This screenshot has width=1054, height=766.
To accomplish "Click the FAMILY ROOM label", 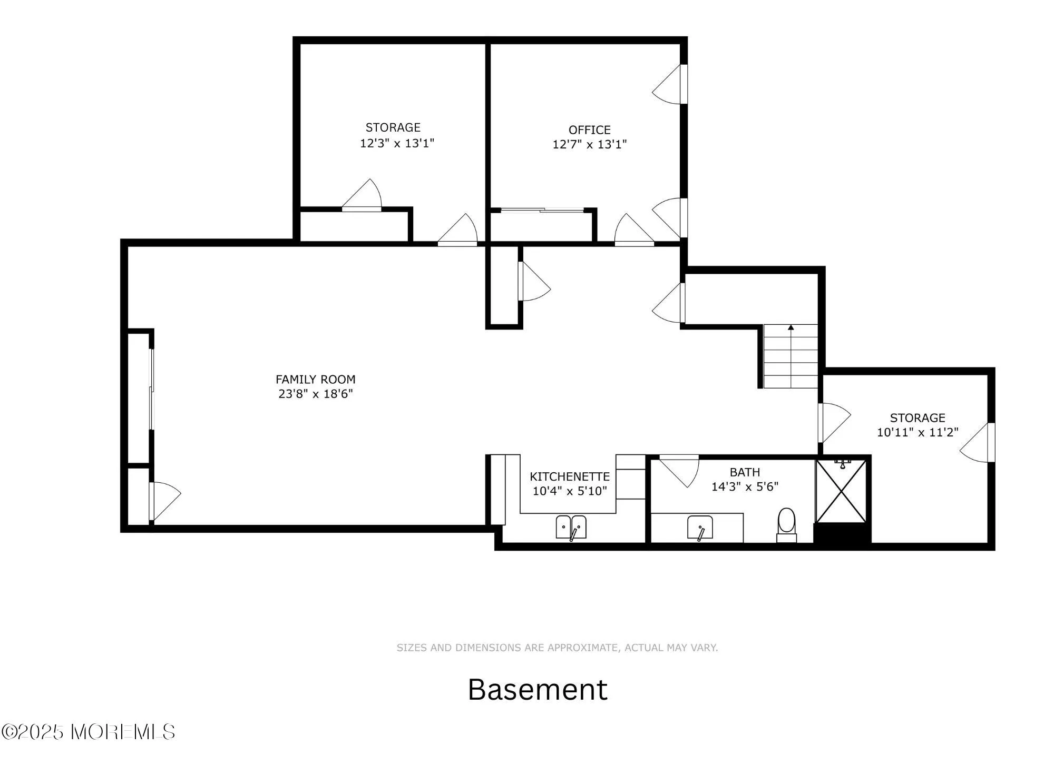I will (x=315, y=379).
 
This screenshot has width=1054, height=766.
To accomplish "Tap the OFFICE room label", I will (x=589, y=130).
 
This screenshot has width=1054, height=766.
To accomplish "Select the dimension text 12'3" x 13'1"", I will (x=397, y=143).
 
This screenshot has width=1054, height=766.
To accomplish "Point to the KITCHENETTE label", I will (x=569, y=476).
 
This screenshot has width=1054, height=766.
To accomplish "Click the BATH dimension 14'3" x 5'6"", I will (x=745, y=486).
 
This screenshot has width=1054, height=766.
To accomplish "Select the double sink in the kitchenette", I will (x=571, y=527).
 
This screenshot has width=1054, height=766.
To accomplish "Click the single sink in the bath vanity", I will (x=700, y=528).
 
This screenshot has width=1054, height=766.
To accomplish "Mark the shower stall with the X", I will (x=841, y=491).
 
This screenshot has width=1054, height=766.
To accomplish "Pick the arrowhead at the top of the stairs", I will (x=790, y=327).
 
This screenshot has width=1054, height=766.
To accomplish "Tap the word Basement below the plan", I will (x=537, y=689).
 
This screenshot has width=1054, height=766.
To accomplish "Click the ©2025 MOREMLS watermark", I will (x=88, y=732).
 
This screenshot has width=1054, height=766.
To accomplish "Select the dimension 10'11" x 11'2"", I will (x=917, y=432).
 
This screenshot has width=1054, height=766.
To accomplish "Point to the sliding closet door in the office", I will (x=542, y=211).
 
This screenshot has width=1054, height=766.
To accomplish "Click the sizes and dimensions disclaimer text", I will (x=557, y=648).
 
